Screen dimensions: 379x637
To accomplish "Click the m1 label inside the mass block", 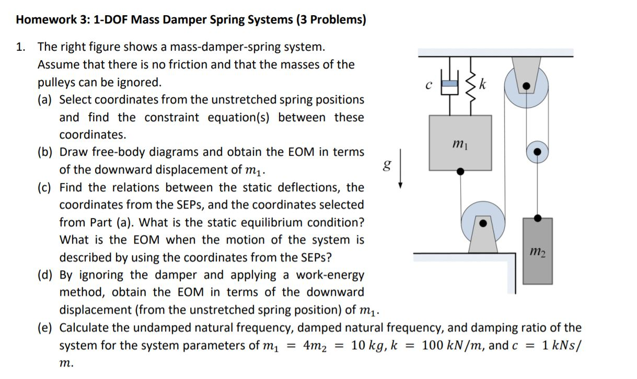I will [460, 142].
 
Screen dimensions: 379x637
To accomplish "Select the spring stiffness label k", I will [485, 84].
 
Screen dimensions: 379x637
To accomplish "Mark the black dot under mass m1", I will [460, 170].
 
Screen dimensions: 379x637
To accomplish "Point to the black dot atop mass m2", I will [537, 216].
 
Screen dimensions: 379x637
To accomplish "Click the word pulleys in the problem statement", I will [56, 83].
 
